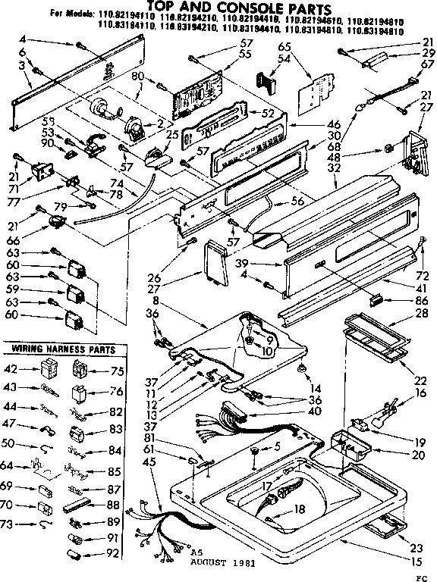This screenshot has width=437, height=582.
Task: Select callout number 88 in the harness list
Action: point(115,505)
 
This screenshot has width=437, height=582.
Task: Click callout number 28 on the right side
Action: point(421,312)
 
